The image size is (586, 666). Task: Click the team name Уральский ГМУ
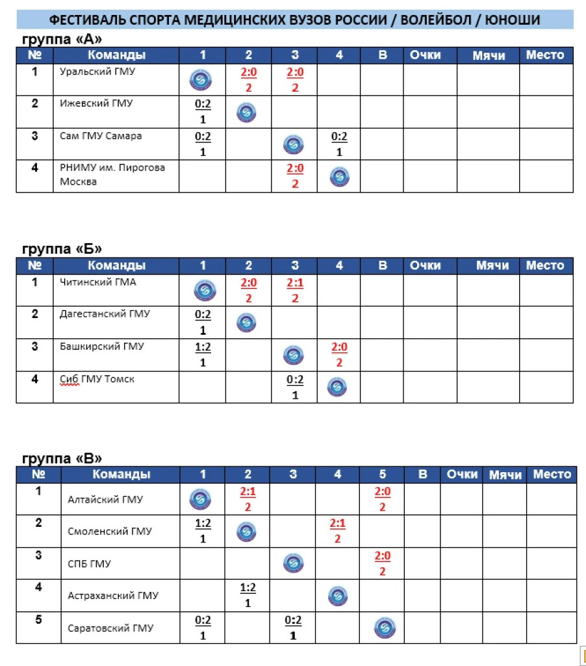click(x=97, y=72)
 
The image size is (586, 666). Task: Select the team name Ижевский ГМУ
click(x=96, y=103)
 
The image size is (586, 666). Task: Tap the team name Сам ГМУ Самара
click(x=100, y=136)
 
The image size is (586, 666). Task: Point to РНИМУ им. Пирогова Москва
click(x=112, y=174)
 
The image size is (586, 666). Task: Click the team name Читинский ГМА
click(x=97, y=282)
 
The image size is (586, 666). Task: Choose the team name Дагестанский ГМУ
click(x=104, y=314)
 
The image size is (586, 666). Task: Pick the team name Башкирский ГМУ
click(x=101, y=346)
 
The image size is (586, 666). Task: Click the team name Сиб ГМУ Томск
click(x=97, y=379)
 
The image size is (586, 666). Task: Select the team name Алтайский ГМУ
click(x=105, y=499)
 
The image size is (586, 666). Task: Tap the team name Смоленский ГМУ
click(x=110, y=531)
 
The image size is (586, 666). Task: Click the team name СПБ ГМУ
click(x=89, y=564)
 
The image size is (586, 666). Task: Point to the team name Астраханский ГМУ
click(x=113, y=596)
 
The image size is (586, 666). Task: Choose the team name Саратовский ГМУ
click(x=110, y=628)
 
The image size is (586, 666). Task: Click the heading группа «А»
click(x=62, y=39)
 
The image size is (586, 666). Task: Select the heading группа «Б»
click(x=62, y=249)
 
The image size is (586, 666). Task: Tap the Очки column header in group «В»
click(x=462, y=475)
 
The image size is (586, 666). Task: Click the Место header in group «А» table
click(x=545, y=55)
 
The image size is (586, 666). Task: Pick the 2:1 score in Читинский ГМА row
click(x=295, y=282)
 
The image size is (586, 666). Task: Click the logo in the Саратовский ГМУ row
click(x=385, y=628)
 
